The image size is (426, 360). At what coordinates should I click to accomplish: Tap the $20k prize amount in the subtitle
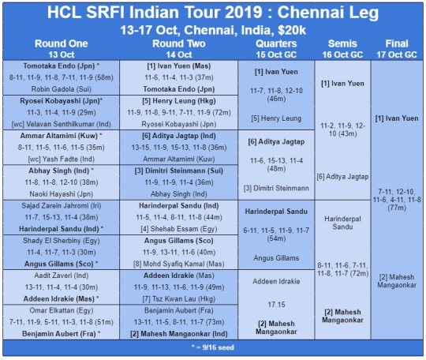tap(292, 30)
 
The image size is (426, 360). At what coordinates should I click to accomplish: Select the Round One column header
tap(61, 43)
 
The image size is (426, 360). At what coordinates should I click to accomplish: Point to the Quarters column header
tap(276, 43)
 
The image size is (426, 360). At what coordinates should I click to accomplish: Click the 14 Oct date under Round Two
tap(179, 54)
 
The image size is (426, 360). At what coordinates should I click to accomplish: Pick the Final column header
tap(397, 43)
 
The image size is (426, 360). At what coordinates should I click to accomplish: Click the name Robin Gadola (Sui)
tap(61, 89)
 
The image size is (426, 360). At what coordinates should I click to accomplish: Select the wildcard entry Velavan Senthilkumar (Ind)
tap(61, 124)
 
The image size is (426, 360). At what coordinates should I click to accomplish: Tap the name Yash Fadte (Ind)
tap(61, 159)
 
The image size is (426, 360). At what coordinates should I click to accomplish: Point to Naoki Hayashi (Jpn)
tap(61, 194)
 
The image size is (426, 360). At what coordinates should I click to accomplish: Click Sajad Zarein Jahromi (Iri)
tap(61, 206)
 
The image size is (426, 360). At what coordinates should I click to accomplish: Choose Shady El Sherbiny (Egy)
tap(61, 241)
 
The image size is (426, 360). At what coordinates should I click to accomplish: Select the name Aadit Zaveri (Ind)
tap(61, 276)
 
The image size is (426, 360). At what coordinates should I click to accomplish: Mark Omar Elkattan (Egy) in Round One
tap(61, 310)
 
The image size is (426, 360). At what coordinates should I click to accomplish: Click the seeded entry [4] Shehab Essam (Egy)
tap(179, 229)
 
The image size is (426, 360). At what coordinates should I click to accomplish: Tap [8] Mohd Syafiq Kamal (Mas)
tap(179, 264)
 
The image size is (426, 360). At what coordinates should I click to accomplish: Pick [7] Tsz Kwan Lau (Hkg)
tap(179, 299)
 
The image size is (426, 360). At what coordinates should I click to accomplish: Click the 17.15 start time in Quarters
tap(276, 305)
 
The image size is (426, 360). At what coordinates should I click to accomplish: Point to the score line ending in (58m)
tap(61, 77)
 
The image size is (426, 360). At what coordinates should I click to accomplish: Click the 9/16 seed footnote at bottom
tap(213, 347)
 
